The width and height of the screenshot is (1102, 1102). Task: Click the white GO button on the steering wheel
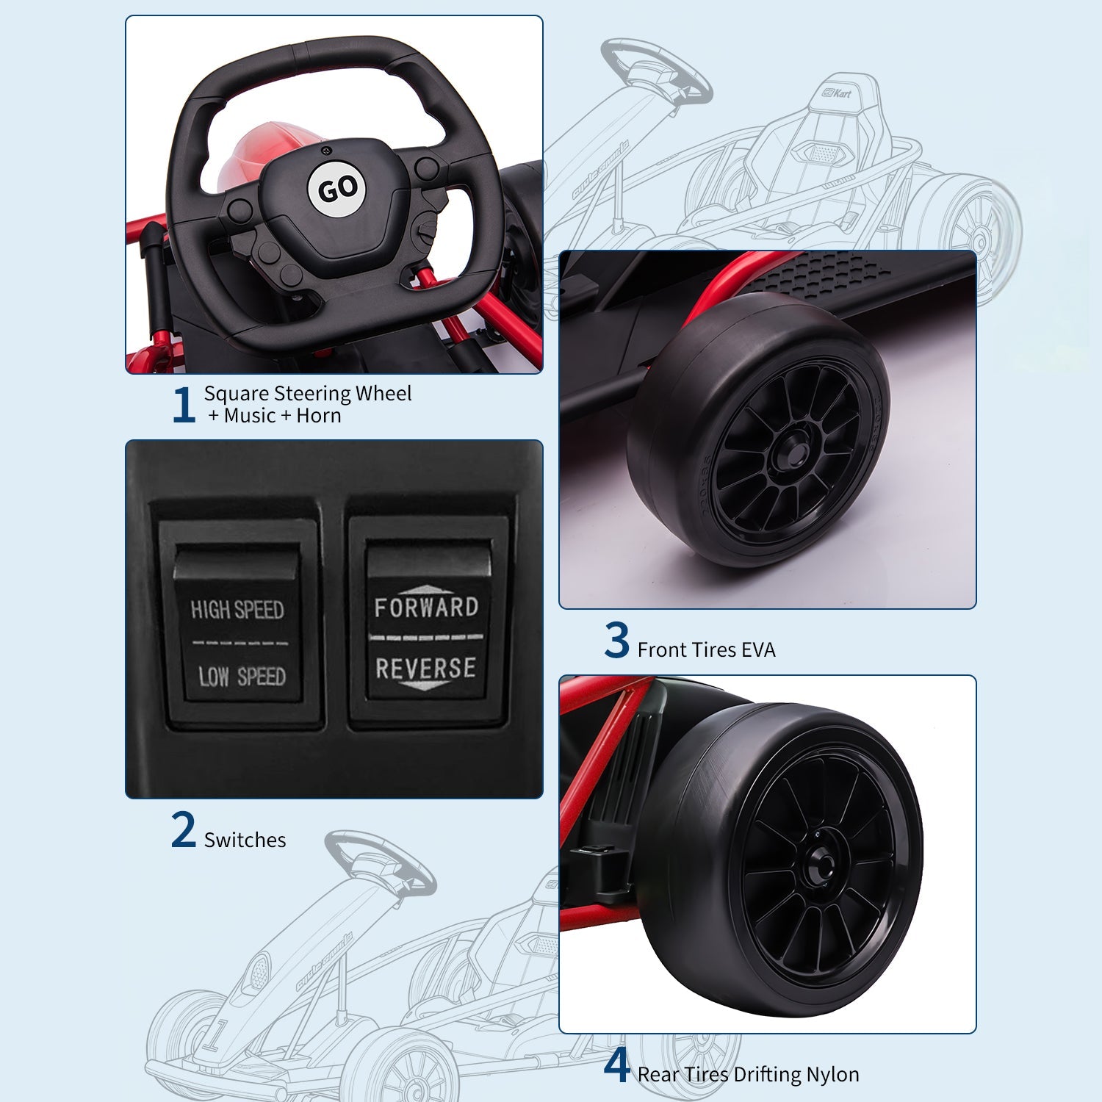point(338,189)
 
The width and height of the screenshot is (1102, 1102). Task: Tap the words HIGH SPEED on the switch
point(237,609)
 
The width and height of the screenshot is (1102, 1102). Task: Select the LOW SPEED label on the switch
point(242,676)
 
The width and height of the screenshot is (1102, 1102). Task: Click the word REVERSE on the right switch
point(425,669)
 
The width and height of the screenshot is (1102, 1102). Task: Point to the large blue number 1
point(184,405)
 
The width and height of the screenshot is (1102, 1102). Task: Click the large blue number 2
point(184,830)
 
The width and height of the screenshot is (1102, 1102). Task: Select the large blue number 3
point(617,640)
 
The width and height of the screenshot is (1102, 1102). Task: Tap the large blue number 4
point(617,1066)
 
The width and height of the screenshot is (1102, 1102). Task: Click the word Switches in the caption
point(245,840)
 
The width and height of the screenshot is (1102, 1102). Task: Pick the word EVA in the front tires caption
point(758,649)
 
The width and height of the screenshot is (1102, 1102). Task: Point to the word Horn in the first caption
point(318,416)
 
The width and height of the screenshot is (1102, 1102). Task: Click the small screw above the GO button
point(326,151)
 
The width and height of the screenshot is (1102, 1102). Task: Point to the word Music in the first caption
point(250,416)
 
